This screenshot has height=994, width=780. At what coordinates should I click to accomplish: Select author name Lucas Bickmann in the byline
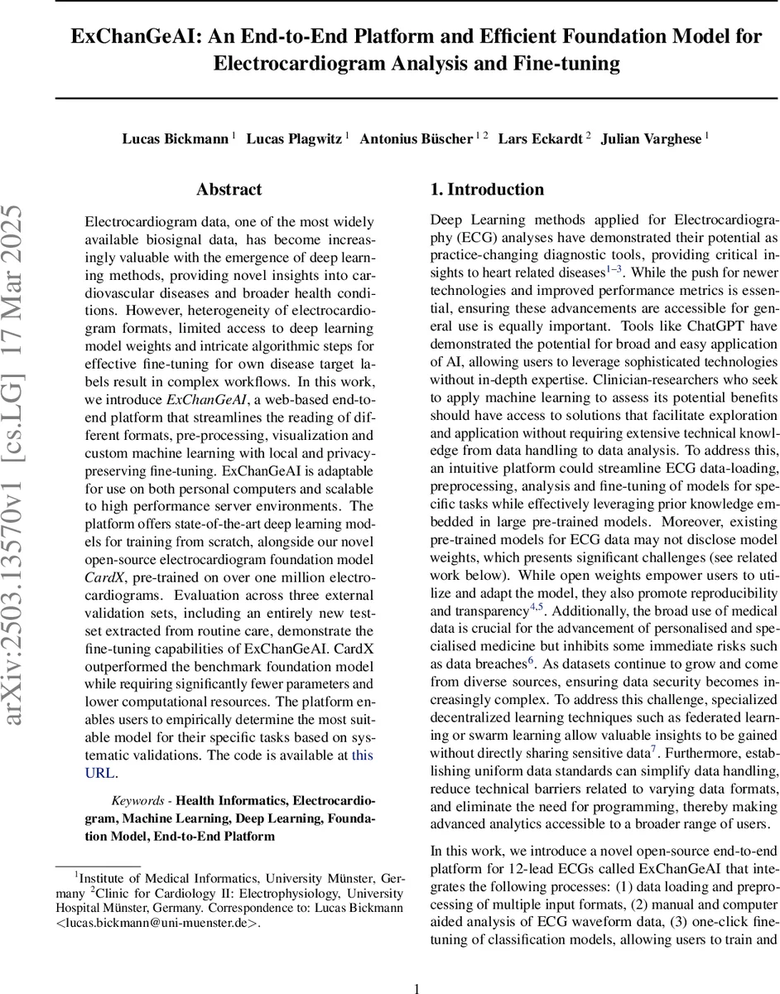[175, 138]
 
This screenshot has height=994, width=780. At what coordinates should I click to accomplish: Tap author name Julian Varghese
[651, 138]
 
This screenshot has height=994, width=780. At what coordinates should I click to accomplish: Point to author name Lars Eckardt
[539, 138]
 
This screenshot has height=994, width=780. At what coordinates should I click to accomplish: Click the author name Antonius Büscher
[416, 138]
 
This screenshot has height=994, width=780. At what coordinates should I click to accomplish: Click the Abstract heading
[229, 190]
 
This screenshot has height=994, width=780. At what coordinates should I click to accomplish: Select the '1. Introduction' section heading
[487, 190]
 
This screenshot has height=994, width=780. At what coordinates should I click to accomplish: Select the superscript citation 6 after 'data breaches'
[531, 661]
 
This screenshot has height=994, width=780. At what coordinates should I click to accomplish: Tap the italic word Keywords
[139, 801]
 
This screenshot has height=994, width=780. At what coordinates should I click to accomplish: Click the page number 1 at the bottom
[416, 966]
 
